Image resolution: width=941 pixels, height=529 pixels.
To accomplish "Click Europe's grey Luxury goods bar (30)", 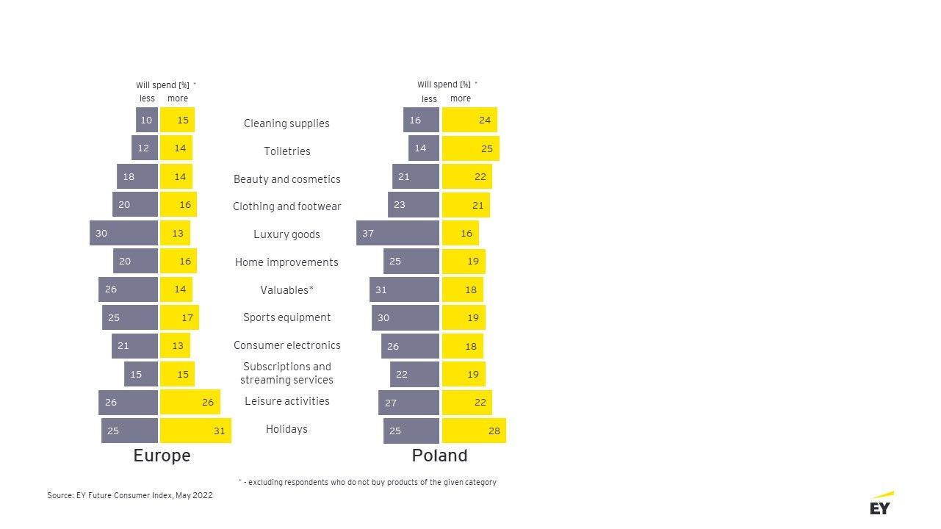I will tap(123, 233).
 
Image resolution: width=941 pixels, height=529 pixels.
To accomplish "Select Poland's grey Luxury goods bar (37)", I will tap(397, 233).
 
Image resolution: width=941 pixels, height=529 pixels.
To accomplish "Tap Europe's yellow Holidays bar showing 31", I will tap(195, 431).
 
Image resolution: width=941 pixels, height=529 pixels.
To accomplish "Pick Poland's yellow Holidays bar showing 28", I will tap(474, 431).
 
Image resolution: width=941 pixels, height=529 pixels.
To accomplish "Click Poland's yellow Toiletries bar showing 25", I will tap(470, 148).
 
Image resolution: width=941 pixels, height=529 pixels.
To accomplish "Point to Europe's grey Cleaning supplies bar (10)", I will tap(147, 120).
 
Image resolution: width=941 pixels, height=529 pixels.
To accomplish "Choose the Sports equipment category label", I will tap(286, 317).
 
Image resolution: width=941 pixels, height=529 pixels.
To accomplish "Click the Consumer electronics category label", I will tap(286, 345).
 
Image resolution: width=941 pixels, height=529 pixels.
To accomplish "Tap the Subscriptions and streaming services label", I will tap(286, 373).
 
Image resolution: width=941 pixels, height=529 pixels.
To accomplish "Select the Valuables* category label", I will tap(286, 290).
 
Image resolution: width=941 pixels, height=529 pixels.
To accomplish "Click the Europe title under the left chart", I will tap(162, 456).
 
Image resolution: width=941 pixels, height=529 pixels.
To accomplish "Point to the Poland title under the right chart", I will tap(439, 456).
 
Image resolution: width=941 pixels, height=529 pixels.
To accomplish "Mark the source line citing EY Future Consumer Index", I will tap(130, 496).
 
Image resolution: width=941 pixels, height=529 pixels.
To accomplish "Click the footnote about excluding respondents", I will tap(367, 482).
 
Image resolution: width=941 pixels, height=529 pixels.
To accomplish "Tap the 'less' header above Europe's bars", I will tap(147, 98).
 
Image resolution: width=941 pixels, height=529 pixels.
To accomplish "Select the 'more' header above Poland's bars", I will tap(461, 98).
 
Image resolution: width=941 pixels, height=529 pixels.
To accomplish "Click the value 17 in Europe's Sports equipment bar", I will tap(187, 318).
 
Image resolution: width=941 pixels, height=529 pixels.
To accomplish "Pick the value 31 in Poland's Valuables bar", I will tap(381, 290).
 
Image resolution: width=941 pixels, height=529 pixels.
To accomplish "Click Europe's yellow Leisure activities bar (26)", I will tap(190, 403).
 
